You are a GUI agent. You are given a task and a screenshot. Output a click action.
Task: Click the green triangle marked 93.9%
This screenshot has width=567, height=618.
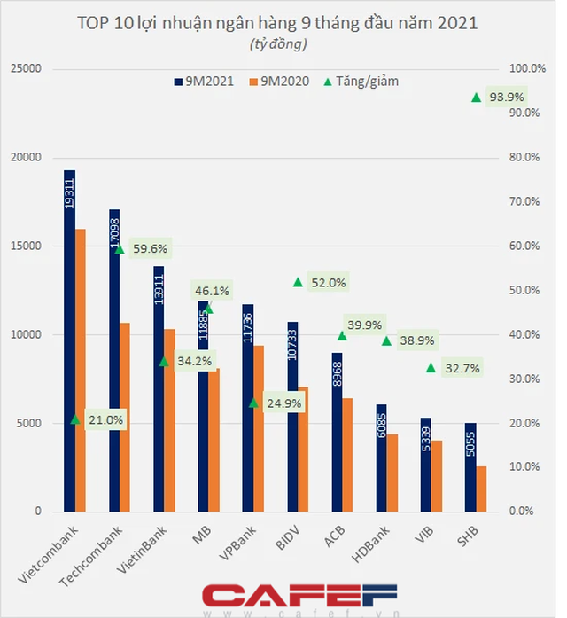click(x=477, y=98)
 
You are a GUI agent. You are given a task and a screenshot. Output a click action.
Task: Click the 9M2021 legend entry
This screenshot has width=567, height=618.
click(x=203, y=82)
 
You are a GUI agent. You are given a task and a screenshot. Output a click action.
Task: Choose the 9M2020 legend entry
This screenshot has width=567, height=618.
click(x=283, y=82)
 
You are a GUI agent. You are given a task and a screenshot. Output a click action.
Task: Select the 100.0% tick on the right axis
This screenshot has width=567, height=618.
click(x=519, y=69)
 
